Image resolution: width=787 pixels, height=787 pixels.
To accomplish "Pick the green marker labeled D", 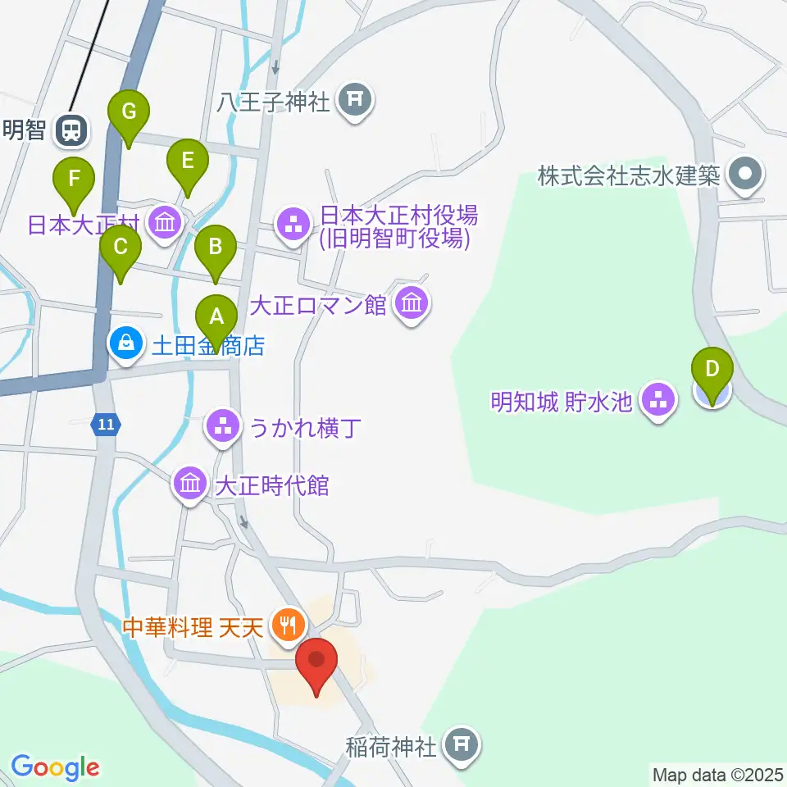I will coord(712,371).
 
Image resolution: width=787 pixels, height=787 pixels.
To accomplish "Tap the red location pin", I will coord(316,661).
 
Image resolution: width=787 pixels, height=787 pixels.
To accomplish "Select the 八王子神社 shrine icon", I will coord(356,101).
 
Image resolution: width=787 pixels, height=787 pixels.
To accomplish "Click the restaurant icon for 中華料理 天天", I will coord(287,627).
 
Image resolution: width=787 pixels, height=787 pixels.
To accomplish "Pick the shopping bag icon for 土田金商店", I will coord(127,343).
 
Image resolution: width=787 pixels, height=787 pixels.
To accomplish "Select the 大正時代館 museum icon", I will coord(190,484).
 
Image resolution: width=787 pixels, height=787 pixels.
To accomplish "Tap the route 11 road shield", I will coord(105,424).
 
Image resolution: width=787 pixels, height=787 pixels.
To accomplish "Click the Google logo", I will coord(54,767).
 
